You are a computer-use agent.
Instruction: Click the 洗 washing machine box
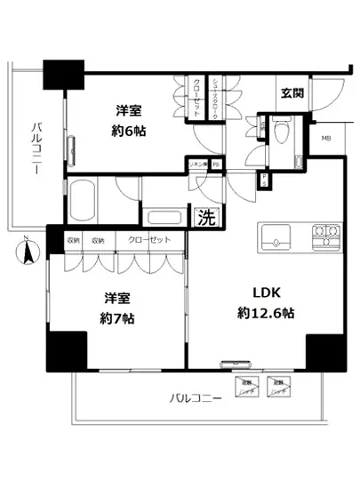[205, 216]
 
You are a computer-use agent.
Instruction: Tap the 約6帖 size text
[130, 131]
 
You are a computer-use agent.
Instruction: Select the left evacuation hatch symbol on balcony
[245, 385]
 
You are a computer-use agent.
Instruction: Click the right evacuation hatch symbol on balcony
[278, 385]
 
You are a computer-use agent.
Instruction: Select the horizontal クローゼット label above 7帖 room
[144, 240]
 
